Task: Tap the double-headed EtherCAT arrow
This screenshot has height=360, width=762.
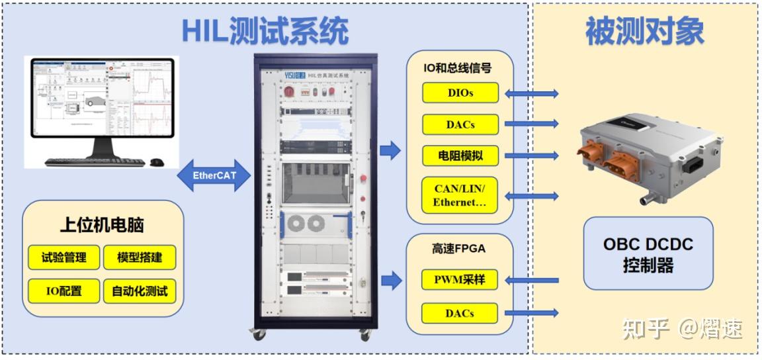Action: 215,176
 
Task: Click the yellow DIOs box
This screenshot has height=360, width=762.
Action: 460,93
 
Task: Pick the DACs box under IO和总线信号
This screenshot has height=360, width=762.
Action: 460,124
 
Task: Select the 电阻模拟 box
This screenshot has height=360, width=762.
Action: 460,156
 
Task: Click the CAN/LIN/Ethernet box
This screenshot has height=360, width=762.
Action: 460,195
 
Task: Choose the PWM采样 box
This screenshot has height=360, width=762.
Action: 460,280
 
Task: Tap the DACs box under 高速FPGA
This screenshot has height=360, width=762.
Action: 460,312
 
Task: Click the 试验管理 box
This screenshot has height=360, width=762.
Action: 63,257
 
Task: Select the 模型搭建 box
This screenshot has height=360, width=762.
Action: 140,257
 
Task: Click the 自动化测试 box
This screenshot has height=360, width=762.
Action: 140,291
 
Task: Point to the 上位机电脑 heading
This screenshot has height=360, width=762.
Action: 102,225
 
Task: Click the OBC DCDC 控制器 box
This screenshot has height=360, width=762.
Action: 648,253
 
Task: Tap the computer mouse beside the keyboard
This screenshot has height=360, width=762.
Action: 157,162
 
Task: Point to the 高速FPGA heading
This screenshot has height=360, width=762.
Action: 459,249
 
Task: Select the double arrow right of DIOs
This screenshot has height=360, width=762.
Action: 532,93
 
